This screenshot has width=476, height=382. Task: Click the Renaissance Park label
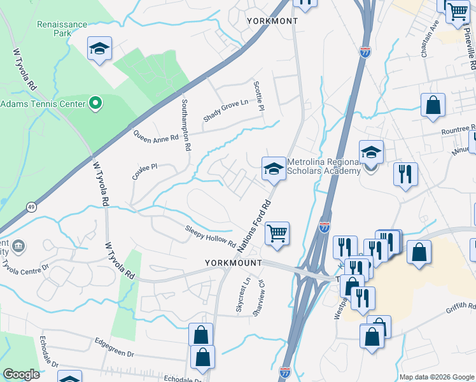[x=62, y=29]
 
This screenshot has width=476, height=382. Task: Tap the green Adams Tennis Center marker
[x=95, y=103]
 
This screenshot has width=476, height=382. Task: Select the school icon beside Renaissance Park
[x=99, y=49]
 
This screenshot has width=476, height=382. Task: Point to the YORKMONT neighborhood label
[x=272, y=21]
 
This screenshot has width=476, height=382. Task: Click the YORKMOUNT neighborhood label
[x=234, y=262]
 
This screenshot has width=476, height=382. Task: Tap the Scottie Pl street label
[x=258, y=95]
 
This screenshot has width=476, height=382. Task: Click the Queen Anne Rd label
[x=156, y=135]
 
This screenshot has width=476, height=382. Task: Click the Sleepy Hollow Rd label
[x=211, y=237]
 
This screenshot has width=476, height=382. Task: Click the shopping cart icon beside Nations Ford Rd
[x=277, y=234]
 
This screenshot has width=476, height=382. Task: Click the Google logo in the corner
[x=22, y=374]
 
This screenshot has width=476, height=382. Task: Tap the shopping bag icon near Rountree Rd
[x=433, y=106]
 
